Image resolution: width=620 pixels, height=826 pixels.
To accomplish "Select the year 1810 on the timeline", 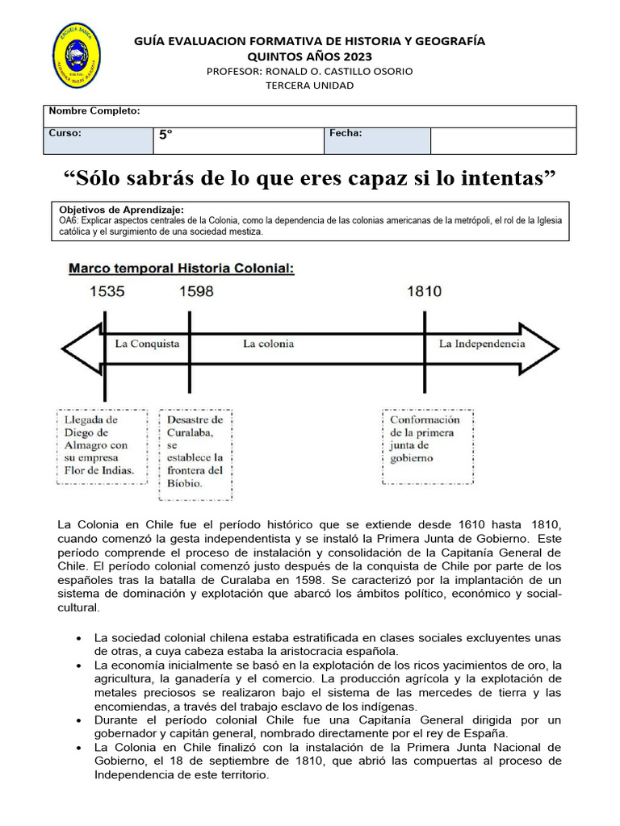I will coord(424,291).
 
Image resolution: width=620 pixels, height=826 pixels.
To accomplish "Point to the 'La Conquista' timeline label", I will coord(147,344).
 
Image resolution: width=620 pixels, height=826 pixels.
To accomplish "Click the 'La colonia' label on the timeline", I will coord(268,344).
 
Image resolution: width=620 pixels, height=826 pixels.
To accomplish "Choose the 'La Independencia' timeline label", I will coord(481,344).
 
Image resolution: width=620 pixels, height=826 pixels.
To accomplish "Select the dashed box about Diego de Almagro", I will coord(102,445).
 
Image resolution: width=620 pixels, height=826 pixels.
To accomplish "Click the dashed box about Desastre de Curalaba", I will coord(195,452).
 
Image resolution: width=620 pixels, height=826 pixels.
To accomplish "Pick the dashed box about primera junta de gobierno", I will coord(426,439).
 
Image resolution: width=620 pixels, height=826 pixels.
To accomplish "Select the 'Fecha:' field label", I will coord(346,134).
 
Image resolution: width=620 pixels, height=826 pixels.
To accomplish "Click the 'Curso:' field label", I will coord(65,134).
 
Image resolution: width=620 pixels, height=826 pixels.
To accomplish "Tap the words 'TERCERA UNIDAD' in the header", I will coord(310,86).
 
